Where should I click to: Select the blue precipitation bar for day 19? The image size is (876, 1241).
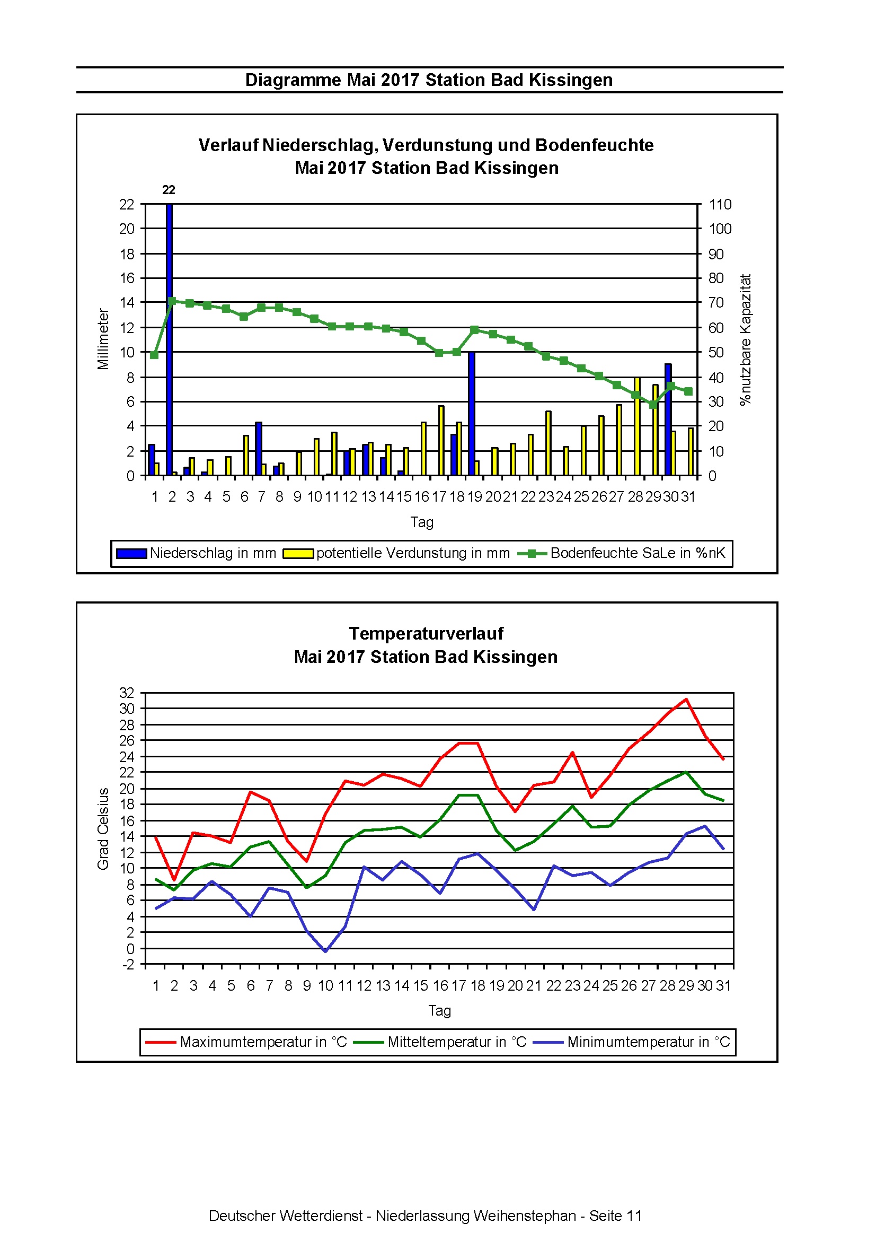(472, 414)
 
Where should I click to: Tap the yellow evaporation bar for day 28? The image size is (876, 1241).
(638, 426)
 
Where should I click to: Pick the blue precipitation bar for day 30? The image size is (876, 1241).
(668, 420)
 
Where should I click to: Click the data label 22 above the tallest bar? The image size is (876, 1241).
(169, 190)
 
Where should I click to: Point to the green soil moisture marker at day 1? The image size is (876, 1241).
(154, 355)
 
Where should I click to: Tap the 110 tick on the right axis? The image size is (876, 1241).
(720, 204)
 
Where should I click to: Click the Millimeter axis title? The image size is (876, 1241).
(103, 339)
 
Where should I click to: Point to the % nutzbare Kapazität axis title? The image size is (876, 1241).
(745, 339)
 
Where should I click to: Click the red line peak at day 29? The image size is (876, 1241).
(686, 699)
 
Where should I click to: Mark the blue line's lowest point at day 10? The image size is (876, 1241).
(325, 951)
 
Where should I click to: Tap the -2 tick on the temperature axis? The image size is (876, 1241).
(128, 964)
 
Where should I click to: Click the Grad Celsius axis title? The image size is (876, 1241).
(103, 828)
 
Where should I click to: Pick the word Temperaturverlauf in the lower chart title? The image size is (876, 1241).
(426, 633)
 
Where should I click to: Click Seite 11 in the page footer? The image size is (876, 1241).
(615, 1216)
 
